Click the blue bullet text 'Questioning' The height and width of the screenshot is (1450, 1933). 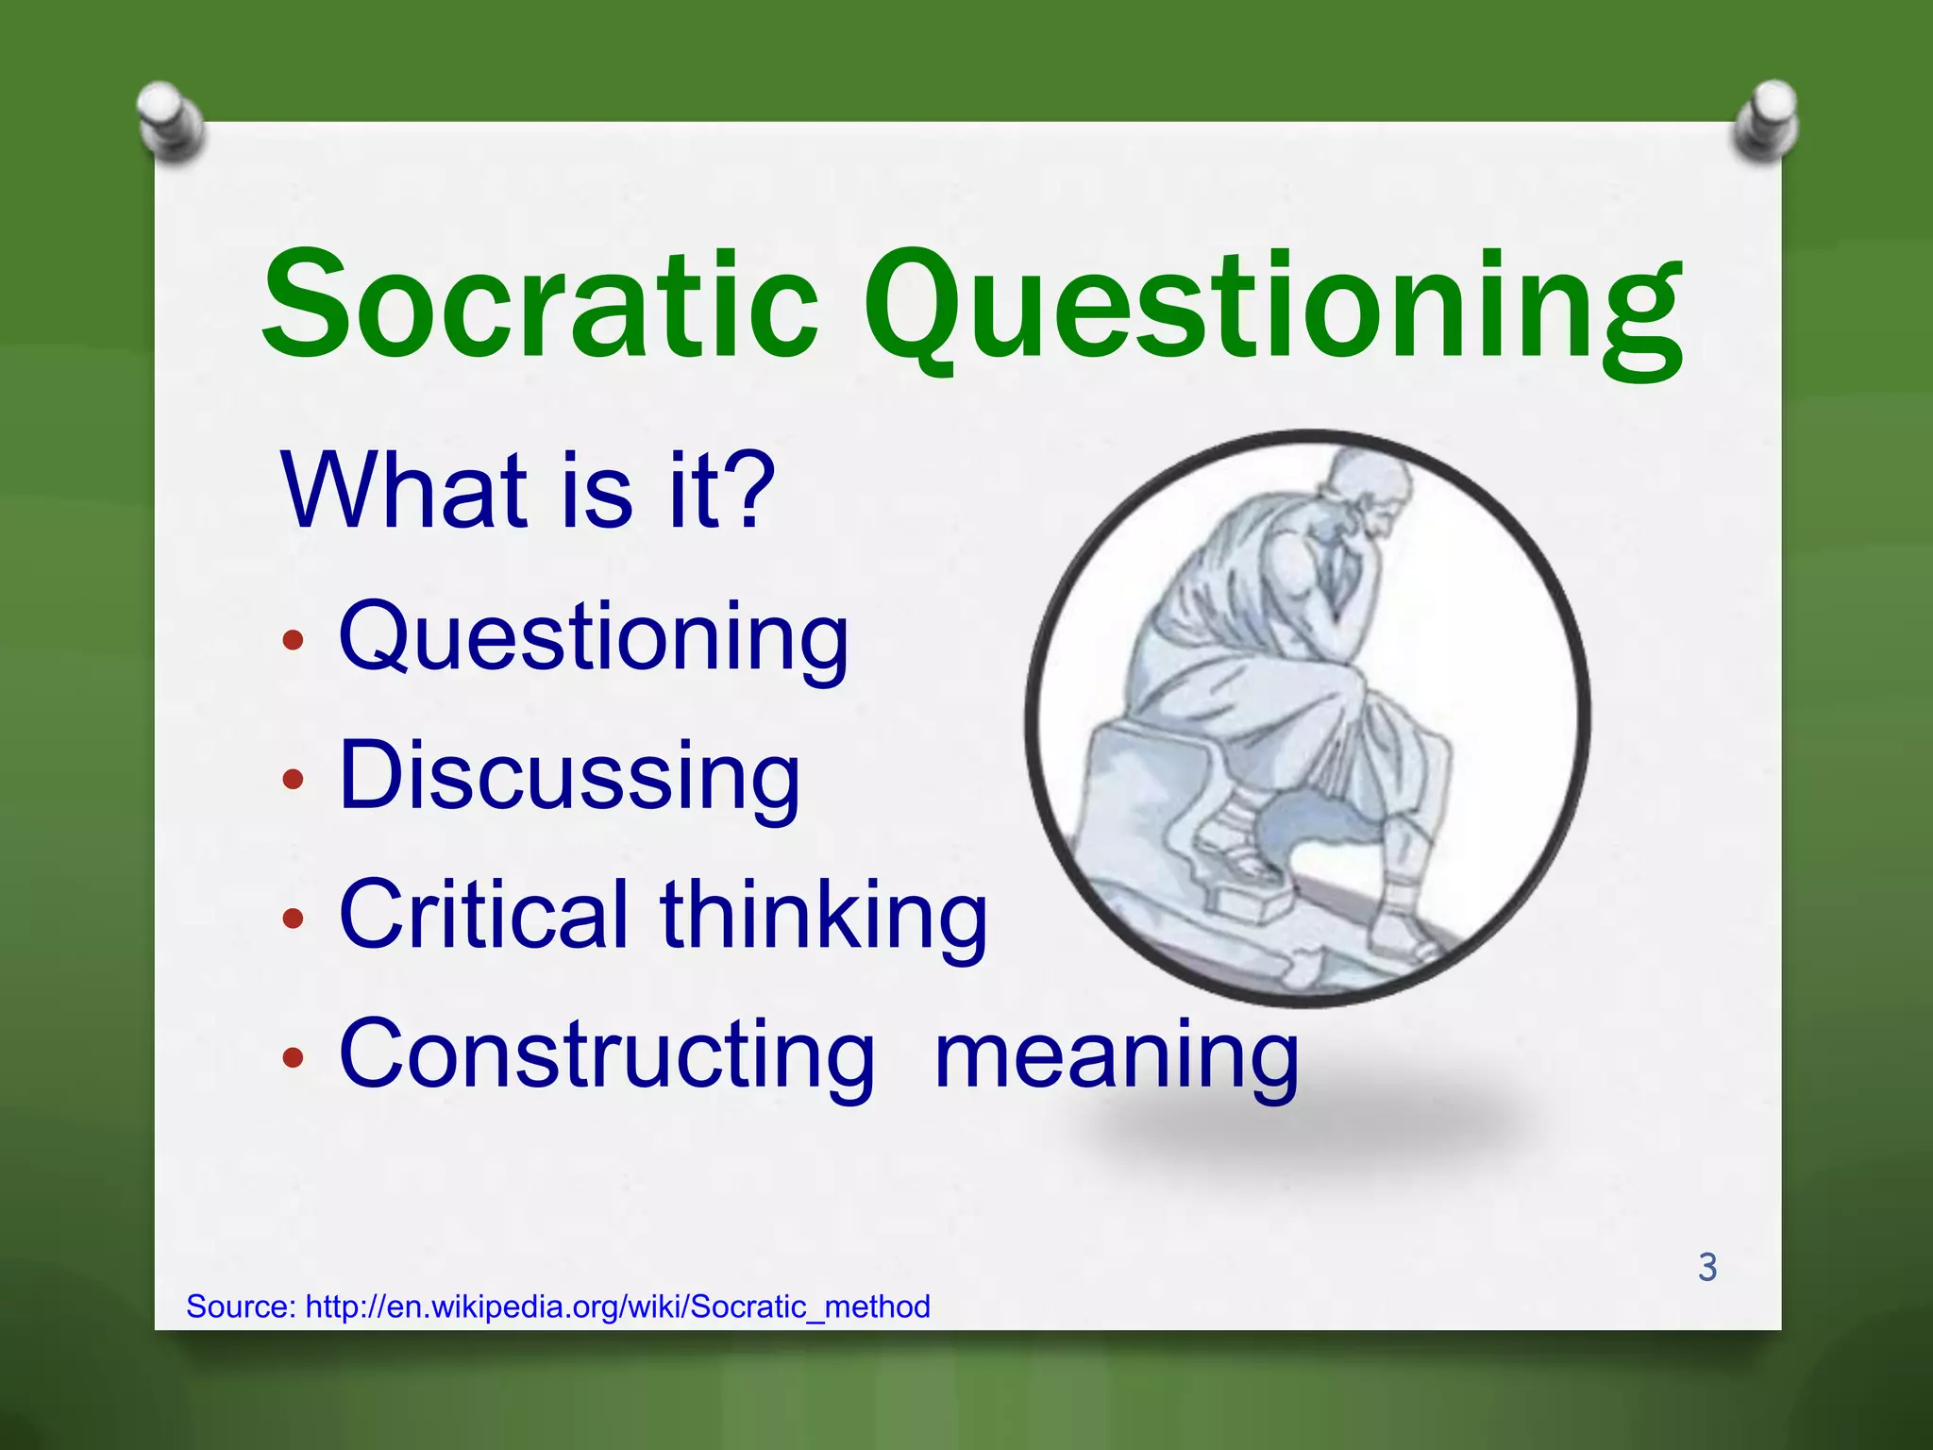[x=594, y=638]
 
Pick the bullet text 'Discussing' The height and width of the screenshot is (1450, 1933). [x=569, y=776]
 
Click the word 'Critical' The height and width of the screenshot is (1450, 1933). [x=483, y=914]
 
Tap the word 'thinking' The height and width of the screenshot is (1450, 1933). [x=823, y=914]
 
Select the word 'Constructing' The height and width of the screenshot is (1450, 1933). [x=607, y=1054]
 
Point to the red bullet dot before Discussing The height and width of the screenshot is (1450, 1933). [x=294, y=780]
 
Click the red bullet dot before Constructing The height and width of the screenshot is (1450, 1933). [x=294, y=1058]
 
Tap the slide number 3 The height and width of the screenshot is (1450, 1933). [x=1706, y=1267]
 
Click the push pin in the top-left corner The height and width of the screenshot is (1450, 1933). [x=170, y=121]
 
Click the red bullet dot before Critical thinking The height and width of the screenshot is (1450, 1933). [x=294, y=919]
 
